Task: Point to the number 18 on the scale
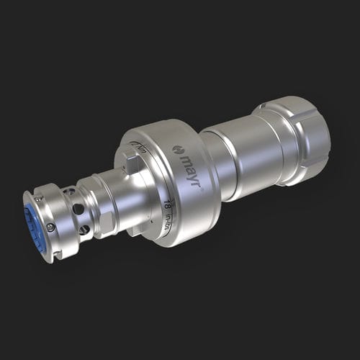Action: [x=168, y=205]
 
